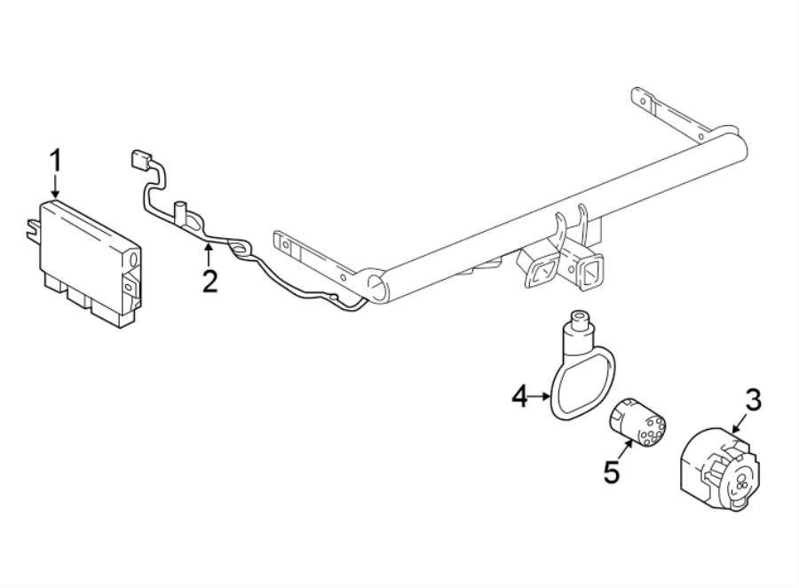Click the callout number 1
click(x=55, y=163)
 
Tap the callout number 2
click(x=210, y=282)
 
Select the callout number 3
click(x=752, y=401)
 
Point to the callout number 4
click(x=520, y=396)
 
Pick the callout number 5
click(x=611, y=471)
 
